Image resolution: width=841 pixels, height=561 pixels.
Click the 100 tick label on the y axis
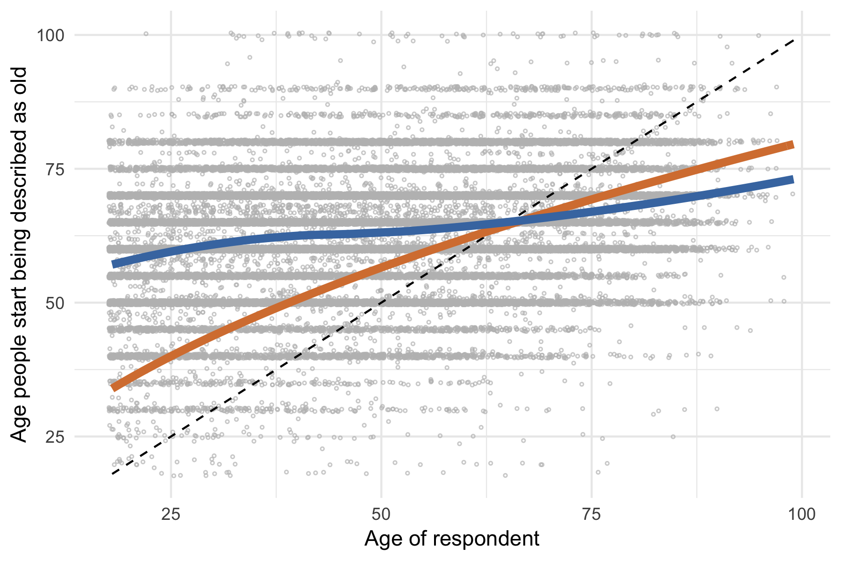(50, 35)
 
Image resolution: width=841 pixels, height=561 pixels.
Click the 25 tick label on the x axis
(171, 515)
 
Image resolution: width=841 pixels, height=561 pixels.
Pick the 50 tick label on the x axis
(381, 515)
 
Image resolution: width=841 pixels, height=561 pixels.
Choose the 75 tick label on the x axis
(592, 515)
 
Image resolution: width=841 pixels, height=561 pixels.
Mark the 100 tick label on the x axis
(802, 515)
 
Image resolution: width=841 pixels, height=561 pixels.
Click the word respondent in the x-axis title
(486, 539)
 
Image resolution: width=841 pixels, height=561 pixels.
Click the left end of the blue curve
(113, 264)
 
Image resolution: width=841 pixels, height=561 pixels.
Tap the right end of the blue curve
(793, 180)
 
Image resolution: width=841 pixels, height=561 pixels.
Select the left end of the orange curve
(113, 387)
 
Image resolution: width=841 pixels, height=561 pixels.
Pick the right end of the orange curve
(793, 145)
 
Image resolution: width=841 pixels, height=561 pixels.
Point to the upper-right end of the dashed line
(794, 41)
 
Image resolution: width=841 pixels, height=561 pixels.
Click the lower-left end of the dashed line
(113, 474)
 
